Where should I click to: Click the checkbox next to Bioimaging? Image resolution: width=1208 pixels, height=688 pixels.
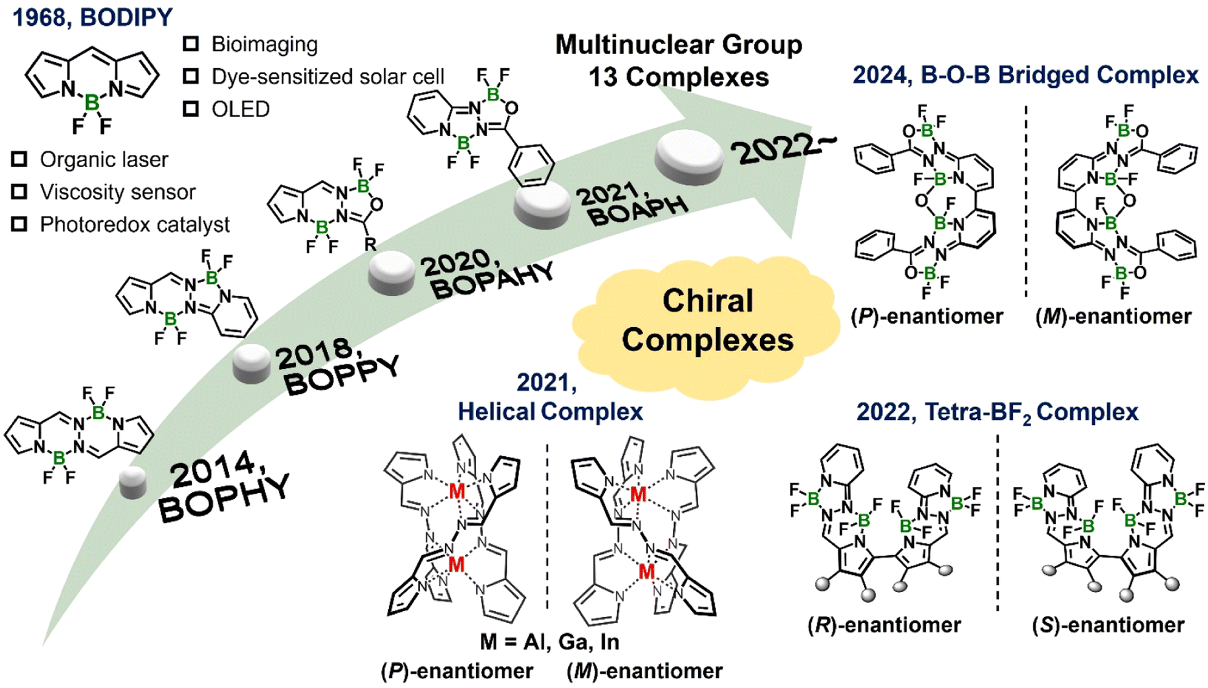coord(191,44)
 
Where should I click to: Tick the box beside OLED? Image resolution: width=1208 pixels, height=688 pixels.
coord(191,109)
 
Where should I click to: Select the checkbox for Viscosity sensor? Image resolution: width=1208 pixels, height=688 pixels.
coord(19,192)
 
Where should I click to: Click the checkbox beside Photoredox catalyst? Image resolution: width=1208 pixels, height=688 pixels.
coord(19,224)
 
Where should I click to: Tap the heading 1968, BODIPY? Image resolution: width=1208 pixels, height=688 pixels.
coord(93,17)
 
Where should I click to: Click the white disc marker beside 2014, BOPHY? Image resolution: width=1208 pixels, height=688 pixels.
coord(133,482)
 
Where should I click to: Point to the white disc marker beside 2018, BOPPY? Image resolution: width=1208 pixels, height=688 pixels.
coord(252,363)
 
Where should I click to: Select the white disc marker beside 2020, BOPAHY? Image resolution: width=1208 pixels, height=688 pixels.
coord(392,273)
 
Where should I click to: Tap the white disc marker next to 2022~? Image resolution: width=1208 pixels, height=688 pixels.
coord(689,158)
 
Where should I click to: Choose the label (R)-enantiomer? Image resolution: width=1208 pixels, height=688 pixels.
coord(884,625)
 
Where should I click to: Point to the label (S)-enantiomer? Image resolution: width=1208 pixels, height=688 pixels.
coord(1108,625)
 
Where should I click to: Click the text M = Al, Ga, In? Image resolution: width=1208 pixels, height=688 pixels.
coord(550,642)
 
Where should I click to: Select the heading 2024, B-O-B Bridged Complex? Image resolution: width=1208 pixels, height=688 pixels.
coord(1025,75)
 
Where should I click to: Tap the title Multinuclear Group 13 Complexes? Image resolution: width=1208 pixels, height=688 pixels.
coord(679,61)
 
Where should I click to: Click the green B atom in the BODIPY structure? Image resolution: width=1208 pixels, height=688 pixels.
coord(92,103)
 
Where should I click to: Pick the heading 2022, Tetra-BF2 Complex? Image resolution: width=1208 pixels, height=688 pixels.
coord(997,413)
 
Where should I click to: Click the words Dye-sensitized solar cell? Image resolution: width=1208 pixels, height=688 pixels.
coord(328,77)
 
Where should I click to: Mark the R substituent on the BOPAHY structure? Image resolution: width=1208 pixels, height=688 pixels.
coord(370,244)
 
